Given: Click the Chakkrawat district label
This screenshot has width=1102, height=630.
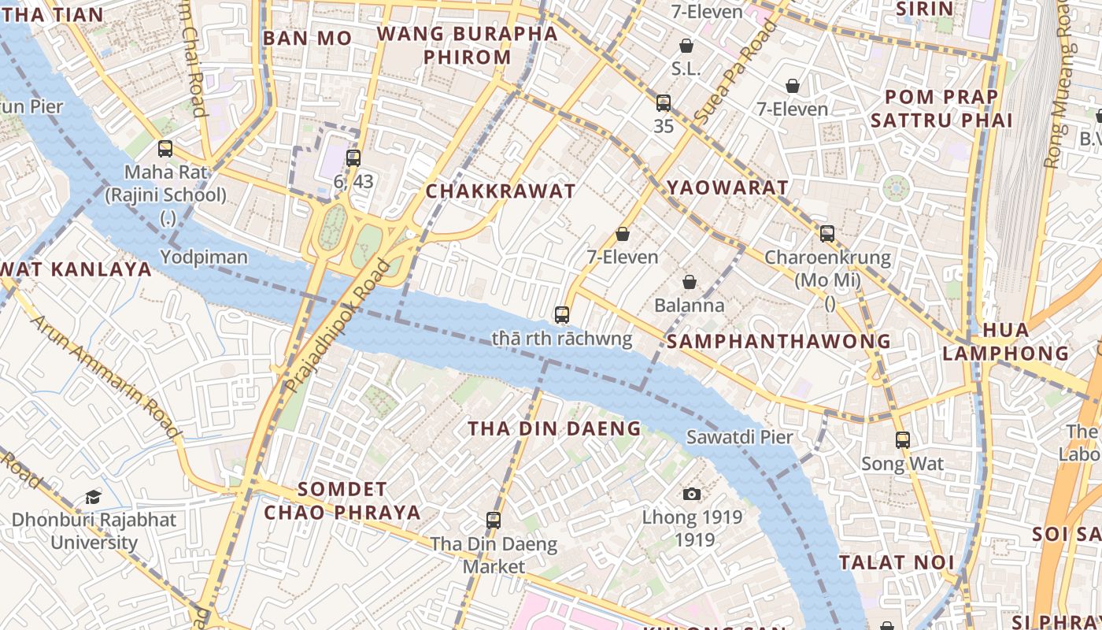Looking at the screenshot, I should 501,191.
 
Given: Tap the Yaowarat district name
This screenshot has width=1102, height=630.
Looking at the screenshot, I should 727,187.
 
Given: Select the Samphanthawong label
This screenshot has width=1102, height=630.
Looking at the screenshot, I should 778,341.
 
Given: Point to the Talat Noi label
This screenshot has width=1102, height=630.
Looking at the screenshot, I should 897,562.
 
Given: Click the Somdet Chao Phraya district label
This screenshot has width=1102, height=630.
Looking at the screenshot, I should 342,501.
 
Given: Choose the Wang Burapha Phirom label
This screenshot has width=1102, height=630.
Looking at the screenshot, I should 468,46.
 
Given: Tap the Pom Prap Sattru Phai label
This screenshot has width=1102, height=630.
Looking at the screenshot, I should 941,109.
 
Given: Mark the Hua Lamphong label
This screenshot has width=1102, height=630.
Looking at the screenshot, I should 1006,341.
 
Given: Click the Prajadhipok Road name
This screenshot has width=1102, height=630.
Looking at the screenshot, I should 338,324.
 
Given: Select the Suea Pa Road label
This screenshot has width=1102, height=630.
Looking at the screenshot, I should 735,65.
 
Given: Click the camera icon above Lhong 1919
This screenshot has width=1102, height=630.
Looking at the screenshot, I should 692,494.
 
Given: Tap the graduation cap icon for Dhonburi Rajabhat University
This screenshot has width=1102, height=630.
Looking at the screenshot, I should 94,497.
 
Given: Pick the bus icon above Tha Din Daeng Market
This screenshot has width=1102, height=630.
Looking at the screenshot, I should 494,520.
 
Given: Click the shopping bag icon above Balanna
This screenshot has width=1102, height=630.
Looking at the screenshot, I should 690,282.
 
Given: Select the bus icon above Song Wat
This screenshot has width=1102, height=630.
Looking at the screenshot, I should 903,440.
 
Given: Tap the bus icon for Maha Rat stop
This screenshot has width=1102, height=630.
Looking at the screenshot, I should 165,148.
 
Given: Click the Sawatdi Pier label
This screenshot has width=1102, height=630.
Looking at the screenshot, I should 739,436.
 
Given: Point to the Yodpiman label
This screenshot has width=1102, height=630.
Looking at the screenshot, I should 204,257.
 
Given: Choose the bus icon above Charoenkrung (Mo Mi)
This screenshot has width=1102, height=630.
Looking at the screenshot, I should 827,233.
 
